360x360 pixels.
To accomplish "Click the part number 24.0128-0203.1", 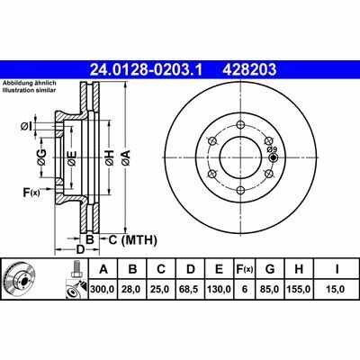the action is pos(147,69).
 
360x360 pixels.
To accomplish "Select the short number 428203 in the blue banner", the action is pos(249,69).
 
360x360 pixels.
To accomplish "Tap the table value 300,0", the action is pos(103,289).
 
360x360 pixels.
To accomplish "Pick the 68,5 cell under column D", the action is pos(191,289).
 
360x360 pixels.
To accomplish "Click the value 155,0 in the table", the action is pos(299,289).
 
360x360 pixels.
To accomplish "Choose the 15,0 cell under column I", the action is pos(336,289).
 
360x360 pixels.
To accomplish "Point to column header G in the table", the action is pos(270,269).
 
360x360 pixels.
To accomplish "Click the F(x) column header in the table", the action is pos(244,269).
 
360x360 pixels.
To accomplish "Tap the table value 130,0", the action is pos(220,289).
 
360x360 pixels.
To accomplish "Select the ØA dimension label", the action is pos(126,157).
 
